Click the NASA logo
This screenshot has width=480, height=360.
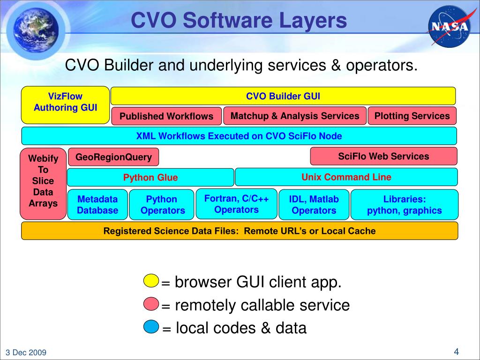tap(449, 26)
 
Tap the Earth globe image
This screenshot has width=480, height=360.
tap(33, 28)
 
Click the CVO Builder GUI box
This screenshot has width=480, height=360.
tap(283, 96)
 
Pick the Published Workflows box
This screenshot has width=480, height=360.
tap(166, 116)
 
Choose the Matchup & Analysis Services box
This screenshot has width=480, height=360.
tap(295, 116)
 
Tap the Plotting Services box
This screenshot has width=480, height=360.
tap(412, 116)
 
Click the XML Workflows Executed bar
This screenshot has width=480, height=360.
tap(239, 136)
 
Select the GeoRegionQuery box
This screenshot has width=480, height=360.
tap(113, 157)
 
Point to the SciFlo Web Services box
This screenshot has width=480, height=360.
tap(383, 156)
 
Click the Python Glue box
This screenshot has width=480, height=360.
tap(150, 177)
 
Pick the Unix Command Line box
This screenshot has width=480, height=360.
tap(346, 177)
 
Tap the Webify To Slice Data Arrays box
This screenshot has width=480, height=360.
tap(43, 184)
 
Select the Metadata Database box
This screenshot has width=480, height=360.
tap(97, 205)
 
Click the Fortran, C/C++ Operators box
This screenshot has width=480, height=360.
tap(236, 204)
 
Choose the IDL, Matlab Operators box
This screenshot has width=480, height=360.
tap(314, 205)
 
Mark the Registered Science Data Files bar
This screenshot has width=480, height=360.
tap(239, 231)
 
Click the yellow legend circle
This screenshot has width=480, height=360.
tap(151, 281)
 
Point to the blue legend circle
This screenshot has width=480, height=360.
tap(151, 327)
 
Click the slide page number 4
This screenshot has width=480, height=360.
tap(456, 352)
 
